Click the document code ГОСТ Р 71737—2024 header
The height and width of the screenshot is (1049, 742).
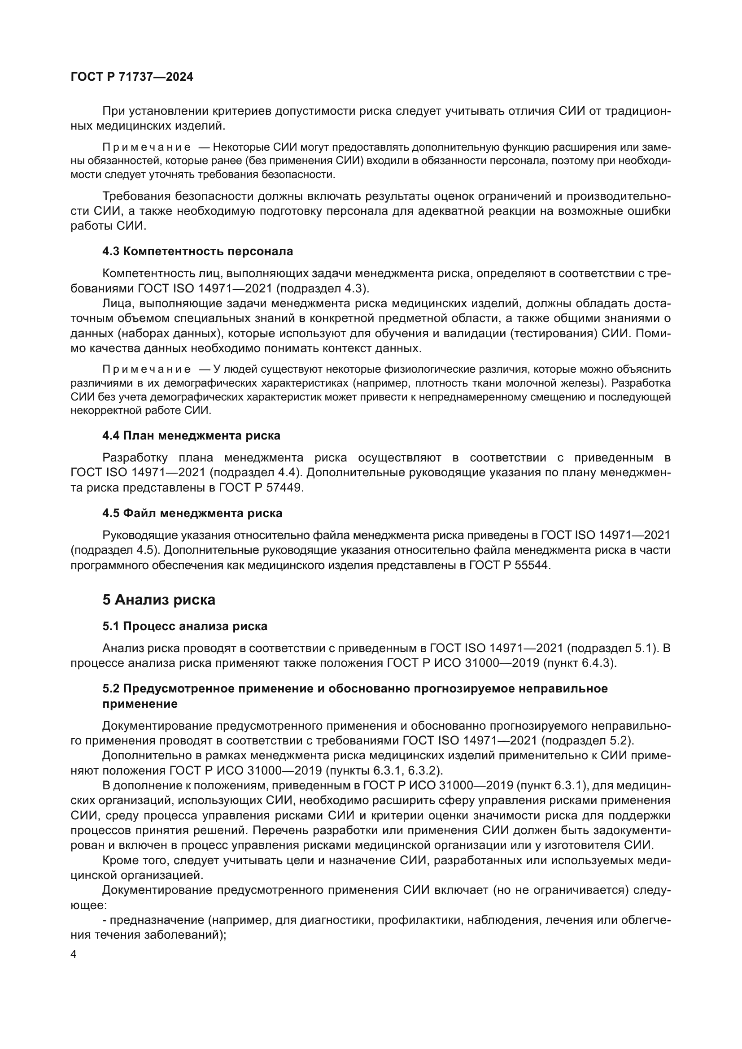(132, 77)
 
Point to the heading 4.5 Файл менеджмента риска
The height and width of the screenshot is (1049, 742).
(192, 513)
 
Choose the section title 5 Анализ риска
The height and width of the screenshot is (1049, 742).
(158, 600)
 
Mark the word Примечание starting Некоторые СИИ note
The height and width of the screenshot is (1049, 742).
(146, 147)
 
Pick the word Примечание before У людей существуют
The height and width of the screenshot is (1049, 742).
(146, 369)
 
